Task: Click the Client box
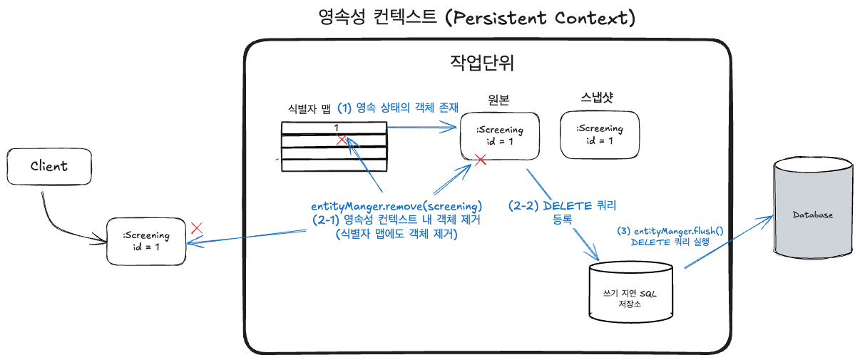(x=49, y=167)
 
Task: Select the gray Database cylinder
(x=813, y=207)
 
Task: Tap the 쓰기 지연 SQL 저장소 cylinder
(x=631, y=292)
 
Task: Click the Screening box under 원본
(x=500, y=136)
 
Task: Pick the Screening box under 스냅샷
(x=600, y=135)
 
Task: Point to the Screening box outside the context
(x=146, y=242)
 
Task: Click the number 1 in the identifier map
(x=336, y=128)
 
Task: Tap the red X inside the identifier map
(x=342, y=140)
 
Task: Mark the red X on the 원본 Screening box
(x=481, y=160)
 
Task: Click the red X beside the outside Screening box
(x=197, y=228)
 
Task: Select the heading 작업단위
(x=482, y=63)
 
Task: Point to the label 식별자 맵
(x=309, y=109)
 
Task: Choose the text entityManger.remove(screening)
(x=396, y=206)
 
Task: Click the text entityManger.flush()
(x=678, y=231)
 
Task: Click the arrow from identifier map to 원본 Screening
(x=421, y=127)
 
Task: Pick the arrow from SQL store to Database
(x=729, y=242)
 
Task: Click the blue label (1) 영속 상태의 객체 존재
(x=398, y=108)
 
